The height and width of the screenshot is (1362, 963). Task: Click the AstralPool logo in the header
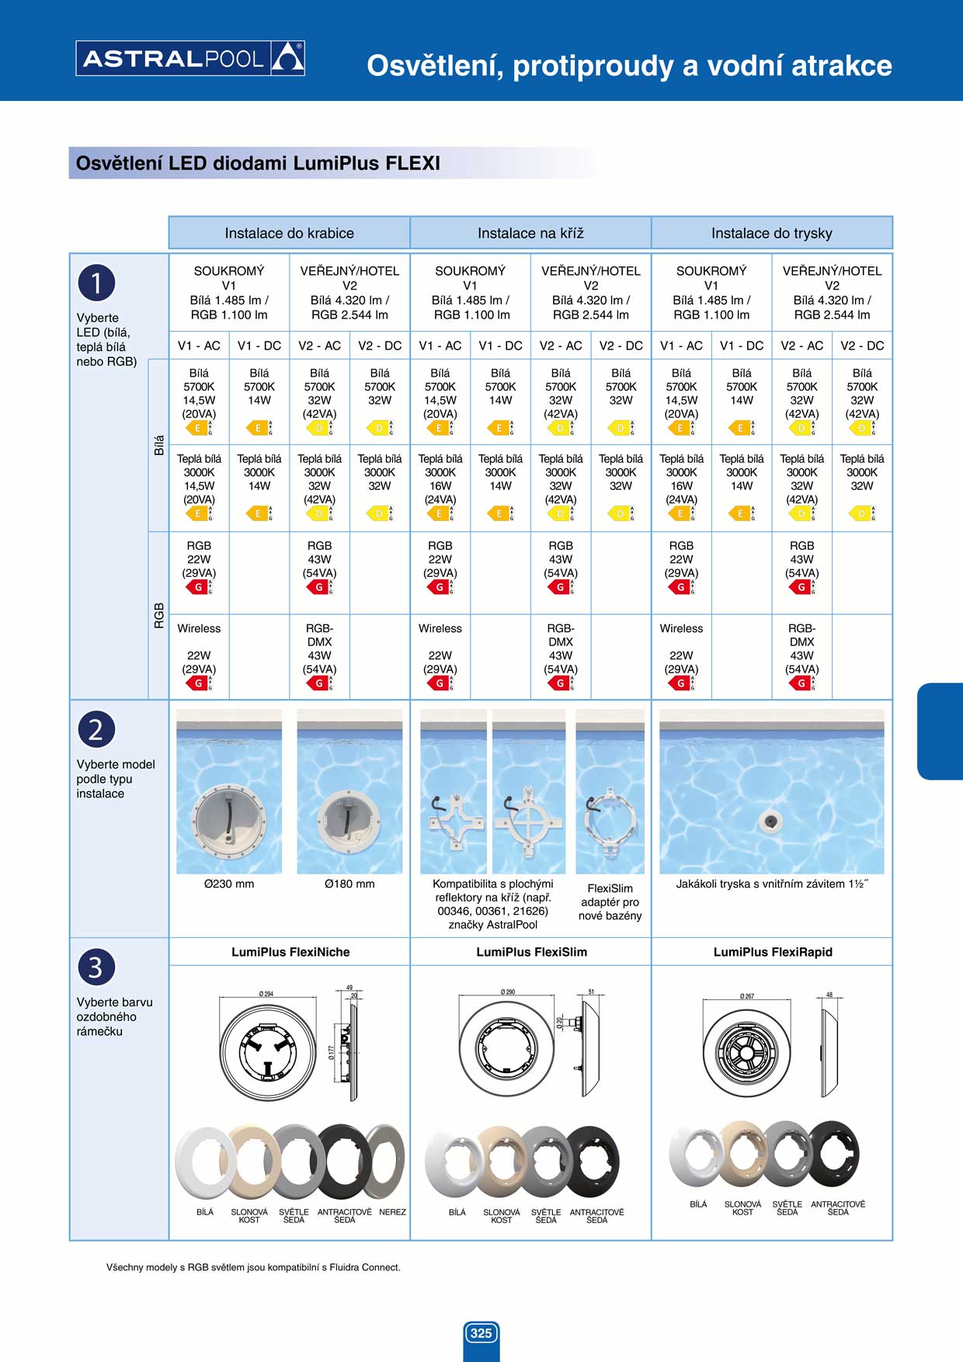point(190,58)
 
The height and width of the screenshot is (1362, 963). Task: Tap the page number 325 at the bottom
point(481,1332)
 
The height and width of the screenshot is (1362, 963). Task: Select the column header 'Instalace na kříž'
point(530,233)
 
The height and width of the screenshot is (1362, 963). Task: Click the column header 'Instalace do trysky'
point(771,233)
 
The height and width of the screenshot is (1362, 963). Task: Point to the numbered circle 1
point(96,283)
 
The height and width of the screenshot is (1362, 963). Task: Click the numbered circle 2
point(96,730)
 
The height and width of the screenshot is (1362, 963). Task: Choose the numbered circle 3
point(96,968)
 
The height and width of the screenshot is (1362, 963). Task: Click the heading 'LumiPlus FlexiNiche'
point(290,952)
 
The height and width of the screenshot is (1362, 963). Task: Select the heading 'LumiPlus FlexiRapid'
point(773,952)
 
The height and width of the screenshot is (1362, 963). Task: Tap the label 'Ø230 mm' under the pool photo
point(229,884)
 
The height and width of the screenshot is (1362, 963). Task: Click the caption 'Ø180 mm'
point(349,884)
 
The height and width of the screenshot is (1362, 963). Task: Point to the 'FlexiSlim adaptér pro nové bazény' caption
point(610,902)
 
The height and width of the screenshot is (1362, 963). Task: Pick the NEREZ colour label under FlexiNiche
point(392,1212)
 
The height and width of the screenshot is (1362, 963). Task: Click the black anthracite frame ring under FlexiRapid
point(835,1153)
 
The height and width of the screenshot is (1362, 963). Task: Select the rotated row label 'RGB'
point(159,615)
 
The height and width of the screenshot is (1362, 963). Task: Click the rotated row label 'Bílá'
point(159,445)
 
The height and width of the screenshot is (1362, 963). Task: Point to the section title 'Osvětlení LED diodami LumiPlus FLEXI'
point(258,164)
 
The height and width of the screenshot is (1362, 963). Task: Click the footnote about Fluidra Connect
point(253,1267)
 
